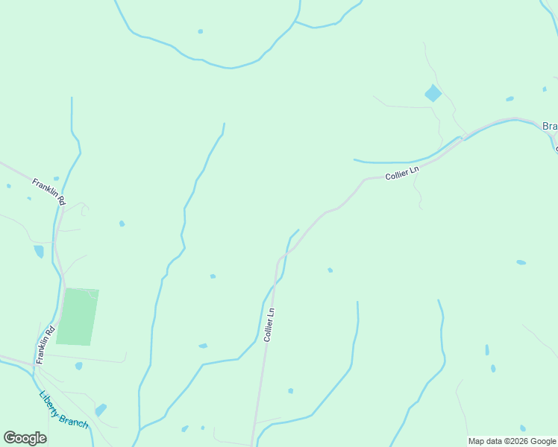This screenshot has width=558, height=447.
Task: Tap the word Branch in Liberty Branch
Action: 75,420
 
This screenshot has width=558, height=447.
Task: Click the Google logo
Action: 25,438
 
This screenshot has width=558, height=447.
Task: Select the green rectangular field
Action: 78,317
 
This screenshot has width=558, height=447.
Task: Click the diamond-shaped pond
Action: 433,93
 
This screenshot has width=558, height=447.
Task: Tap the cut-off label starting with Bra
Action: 550,127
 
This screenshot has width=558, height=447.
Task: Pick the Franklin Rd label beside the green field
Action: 46,343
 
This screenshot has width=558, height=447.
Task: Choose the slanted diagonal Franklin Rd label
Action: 49,191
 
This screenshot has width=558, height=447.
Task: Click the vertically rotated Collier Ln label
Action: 270,325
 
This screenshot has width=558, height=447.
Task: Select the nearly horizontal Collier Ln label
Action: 403,174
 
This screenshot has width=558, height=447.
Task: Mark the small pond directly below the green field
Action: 79,366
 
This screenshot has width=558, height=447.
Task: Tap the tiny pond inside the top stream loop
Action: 200,31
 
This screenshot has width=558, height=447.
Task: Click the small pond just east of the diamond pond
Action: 510,98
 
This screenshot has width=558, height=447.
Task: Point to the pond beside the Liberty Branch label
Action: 100,410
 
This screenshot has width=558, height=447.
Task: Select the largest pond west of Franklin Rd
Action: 39,251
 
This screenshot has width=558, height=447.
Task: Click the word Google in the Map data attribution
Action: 543,441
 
